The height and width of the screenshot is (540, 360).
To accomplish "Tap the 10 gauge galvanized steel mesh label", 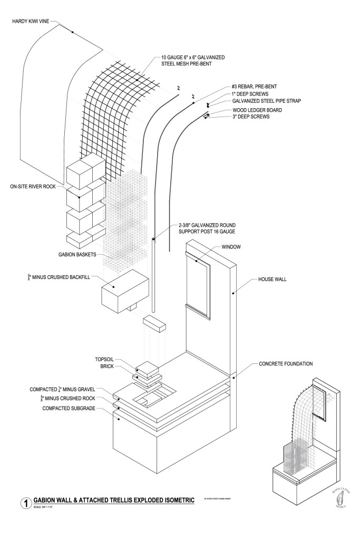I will tap(198, 59).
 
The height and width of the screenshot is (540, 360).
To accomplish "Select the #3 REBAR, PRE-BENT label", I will tap(255, 86).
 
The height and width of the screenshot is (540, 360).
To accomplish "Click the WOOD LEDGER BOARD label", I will tap(257, 110).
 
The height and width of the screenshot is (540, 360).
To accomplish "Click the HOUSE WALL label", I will tap(272, 279).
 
